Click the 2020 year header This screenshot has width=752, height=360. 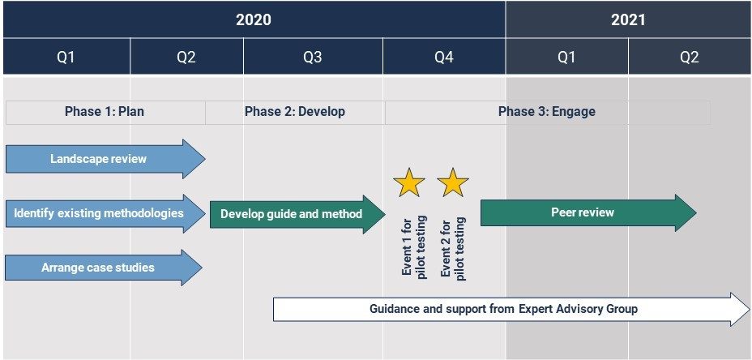click(254, 19)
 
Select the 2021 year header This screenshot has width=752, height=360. click(628, 19)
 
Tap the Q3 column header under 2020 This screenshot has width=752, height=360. click(313, 57)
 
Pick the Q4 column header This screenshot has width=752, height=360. click(444, 57)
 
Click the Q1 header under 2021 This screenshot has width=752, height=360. click(567, 57)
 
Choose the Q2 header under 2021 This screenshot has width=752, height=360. click(690, 57)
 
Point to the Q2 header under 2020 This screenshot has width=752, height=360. click(186, 57)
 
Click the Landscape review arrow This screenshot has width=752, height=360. click(105, 159)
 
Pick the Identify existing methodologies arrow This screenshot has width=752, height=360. click(105, 213)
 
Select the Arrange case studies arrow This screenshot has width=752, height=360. click(104, 268)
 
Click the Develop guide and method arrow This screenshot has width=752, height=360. click(297, 214)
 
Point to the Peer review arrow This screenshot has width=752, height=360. click(588, 212)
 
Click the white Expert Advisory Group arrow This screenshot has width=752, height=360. click(511, 309)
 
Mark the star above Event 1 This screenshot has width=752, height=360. click(409, 182)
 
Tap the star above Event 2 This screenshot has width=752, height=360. click(453, 182)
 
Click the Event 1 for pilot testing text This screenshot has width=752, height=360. click(414, 247)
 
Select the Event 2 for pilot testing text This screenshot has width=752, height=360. click(453, 247)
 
